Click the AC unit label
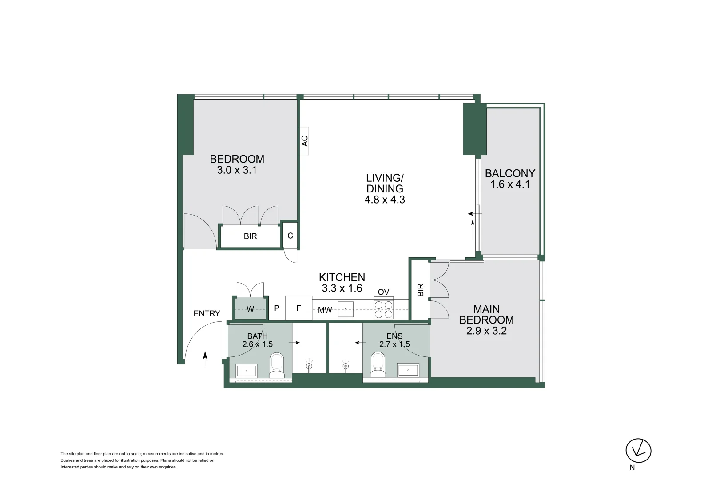tap(304, 141)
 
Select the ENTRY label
tap(207, 313)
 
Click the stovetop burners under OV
tap(383, 309)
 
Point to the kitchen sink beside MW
tap(346, 309)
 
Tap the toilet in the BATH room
tap(277, 365)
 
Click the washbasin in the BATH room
tap(247, 371)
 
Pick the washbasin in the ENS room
tap(408, 370)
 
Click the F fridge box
tap(298, 308)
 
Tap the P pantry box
tap(277, 308)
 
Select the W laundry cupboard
tap(250, 308)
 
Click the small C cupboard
tap(290, 236)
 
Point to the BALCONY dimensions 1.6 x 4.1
tap(510, 184)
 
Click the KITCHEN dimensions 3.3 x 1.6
tap(342, 288)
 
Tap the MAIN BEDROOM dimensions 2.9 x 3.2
tap(486, 331)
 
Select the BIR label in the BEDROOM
tap(251, 236)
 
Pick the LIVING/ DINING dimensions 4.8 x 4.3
tap(385, 200)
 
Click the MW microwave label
tap(325, 310)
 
